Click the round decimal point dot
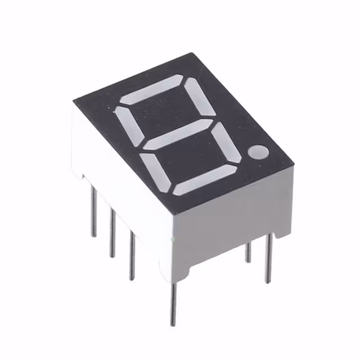[x=260, y=151]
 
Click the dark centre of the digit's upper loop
[x=165, y=112]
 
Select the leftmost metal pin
[x=93, y=211]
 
